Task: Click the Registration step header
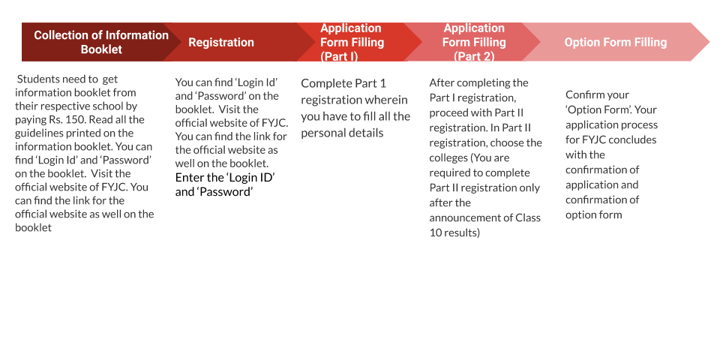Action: coord(220,42)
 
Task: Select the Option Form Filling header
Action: coord(615,42)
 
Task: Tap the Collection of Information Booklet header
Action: coord(101,42)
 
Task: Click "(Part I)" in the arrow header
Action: coord(339,56)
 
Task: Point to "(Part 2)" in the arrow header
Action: coord(474,56)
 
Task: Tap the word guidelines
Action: coord(37,133)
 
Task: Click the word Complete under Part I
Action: coord(326,84)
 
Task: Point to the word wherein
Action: coord(389,100)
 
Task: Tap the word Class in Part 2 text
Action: coord(528,217)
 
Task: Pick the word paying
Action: coord(29,120)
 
